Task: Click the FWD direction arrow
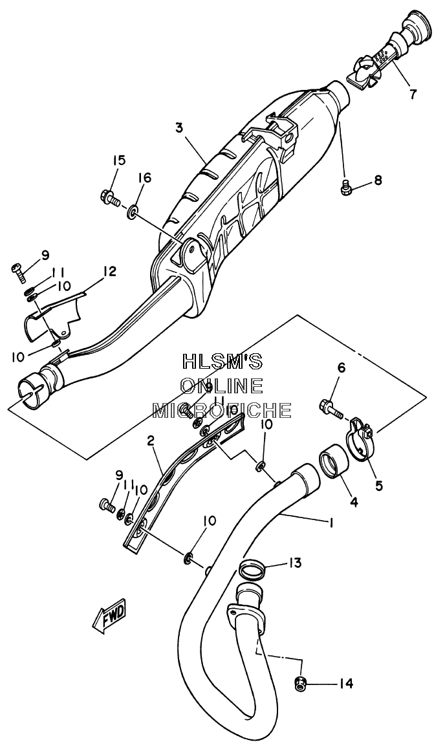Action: (x=109, y=615)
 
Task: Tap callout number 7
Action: (x=413, y=93)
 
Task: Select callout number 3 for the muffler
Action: (x=179, y=128)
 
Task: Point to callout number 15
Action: (x=119, y=160)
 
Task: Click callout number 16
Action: (x=144, y=178)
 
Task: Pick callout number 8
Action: (x=378, y=180)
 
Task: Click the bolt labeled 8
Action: (x=345, y=188)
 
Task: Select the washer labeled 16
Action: (x=132, y=211)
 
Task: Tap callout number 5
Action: (x=379, y=486)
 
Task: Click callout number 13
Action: (x=294, y=563)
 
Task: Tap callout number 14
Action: (x=346, y=684)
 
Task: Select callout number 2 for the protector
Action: (x=151, y=441)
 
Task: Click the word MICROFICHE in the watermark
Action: (x=222, y=410)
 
